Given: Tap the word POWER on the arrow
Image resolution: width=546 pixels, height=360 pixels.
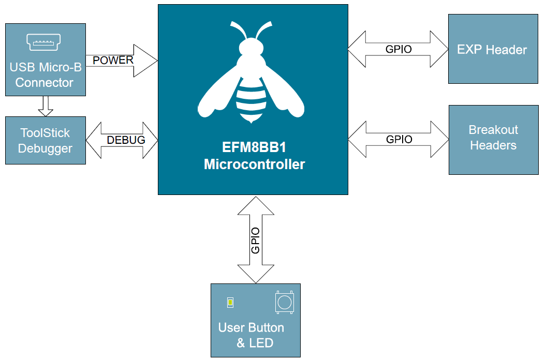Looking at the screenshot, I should tap(113, 60).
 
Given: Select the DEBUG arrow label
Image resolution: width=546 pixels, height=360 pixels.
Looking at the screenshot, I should tap(126, 140).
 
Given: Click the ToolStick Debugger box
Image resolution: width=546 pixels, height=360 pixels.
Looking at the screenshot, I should tap(45, 141).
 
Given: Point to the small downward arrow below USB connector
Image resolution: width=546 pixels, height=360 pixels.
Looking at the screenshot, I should tap(46, 106).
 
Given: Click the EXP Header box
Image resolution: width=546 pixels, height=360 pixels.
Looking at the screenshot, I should tap(492, 50).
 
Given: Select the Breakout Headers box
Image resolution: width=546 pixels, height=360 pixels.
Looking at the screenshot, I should tap(493, 138).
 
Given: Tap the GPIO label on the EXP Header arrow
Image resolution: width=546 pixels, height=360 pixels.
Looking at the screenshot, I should tap(399, 50).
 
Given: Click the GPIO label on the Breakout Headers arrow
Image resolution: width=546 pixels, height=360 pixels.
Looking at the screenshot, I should tap(399, 140).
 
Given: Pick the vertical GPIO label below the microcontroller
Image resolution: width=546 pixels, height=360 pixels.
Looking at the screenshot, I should tap(255, 241).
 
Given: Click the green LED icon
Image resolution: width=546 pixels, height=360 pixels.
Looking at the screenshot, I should tap(230, 303).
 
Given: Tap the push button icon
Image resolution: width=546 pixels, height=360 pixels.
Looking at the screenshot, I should tap(284, 302).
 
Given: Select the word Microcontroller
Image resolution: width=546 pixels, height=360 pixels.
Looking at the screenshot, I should tap(254, 164).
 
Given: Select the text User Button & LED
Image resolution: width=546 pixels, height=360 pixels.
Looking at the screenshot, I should tap(252, 335).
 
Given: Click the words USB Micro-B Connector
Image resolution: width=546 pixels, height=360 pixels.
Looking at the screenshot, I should tap(45, 75).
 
